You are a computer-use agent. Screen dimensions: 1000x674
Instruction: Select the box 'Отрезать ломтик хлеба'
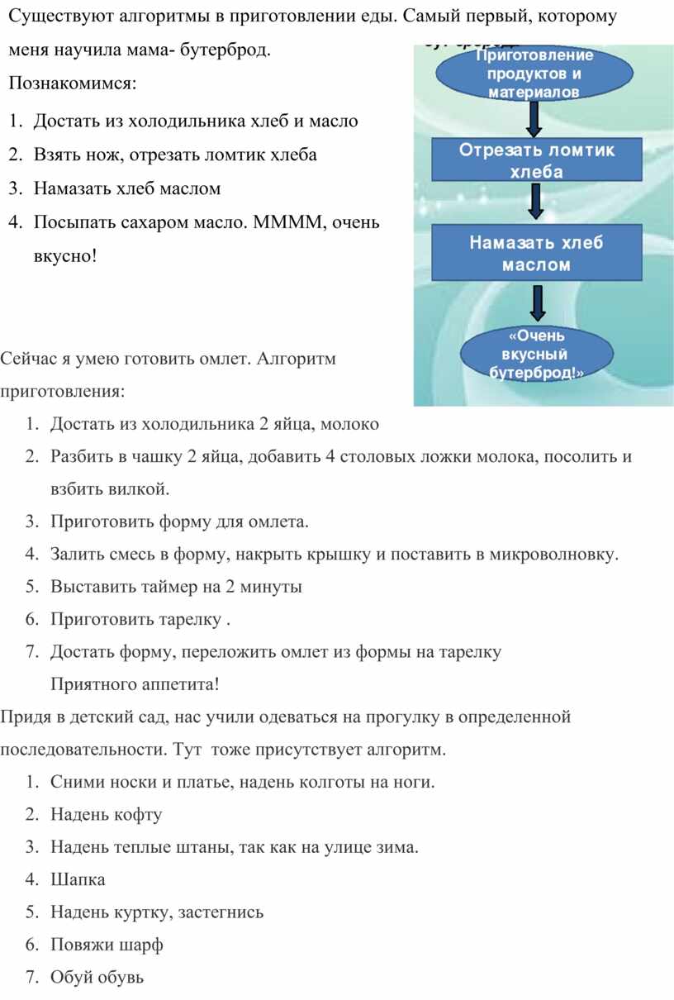537,160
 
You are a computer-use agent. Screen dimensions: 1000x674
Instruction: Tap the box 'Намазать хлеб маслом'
537,253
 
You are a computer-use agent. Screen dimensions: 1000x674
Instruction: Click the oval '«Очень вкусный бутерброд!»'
537,355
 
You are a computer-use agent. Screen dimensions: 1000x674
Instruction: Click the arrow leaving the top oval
533,121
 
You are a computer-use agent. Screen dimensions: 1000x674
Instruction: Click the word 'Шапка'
78,879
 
